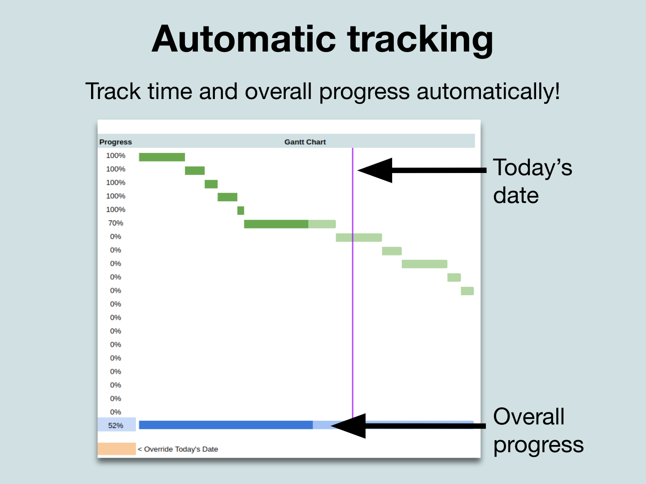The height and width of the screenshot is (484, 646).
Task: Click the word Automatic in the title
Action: [244, 39]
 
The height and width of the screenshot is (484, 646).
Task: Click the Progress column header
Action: [115, 142]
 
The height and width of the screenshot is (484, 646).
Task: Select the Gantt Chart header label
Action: [305, 142]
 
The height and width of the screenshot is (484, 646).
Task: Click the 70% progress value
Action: [115, 223]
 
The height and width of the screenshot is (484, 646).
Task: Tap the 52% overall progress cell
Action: [116, 425]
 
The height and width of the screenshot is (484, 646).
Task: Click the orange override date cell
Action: [117, 449]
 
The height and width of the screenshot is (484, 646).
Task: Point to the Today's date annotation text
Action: [532, 181]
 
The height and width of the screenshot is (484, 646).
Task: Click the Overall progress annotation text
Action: [537, 430]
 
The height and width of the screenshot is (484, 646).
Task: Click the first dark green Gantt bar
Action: [161, 157]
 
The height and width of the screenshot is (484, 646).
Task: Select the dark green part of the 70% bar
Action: [276, 224]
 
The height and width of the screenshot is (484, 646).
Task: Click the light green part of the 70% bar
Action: [322, 224]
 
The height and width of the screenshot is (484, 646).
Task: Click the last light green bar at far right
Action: [467, 291]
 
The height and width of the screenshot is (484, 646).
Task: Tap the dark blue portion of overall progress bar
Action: [226, 425]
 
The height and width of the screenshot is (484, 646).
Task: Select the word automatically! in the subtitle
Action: [488, 92]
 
